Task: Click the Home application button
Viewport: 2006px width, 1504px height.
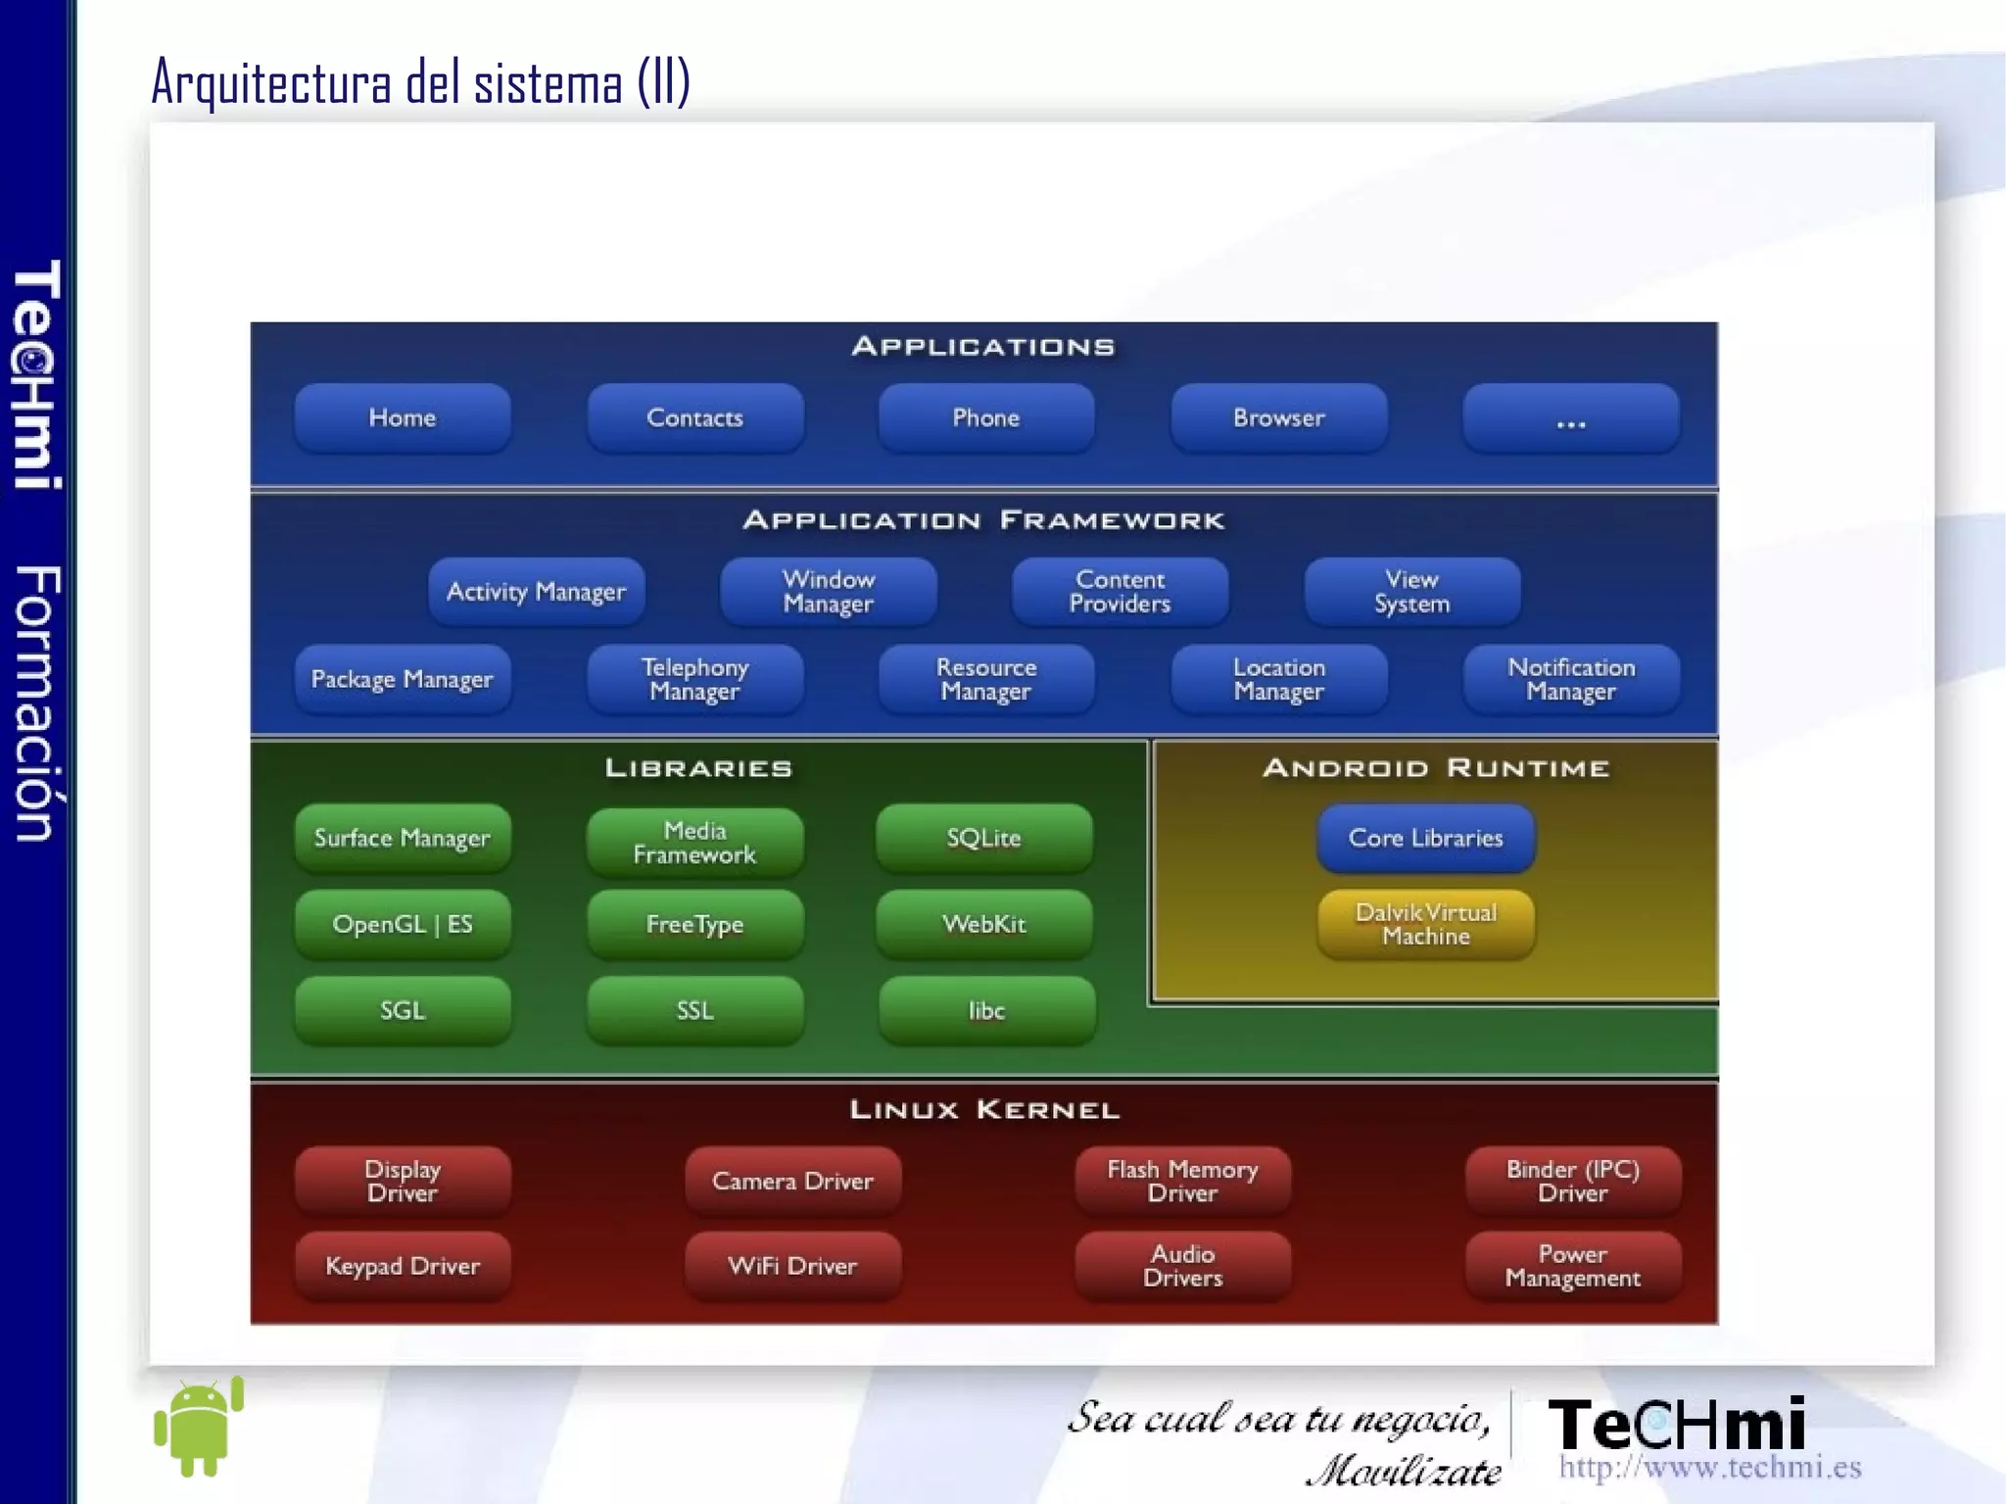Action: tap(402, 418)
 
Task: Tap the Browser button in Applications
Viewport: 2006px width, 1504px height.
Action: tap(1278, 418)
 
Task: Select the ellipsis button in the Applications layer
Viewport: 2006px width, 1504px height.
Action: tap(1570, 418)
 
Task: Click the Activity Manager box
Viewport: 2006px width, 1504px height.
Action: tap(536, 592)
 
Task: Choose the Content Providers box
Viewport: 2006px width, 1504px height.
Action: tap(1120, 592)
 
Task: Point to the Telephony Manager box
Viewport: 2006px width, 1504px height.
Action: tap(694, 679)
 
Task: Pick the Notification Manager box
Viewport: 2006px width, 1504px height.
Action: tap(1570, 679)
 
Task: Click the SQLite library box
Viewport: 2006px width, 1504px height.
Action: tap(983, 839)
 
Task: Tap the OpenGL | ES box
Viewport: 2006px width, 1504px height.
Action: tap(402, 924)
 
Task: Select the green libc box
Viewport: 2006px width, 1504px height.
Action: tap(986, 1010)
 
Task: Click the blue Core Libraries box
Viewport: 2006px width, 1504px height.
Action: tap(1425, 839)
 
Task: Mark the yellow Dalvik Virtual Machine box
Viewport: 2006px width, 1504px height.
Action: tap(1425, 924)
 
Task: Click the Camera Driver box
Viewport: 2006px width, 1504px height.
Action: tap(792, 1181)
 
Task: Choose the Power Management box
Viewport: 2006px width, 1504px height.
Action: tap(1572, 1266)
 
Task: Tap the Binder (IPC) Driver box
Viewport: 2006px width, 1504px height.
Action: tap(1572, 1181)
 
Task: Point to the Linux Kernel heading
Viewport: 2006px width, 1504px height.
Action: tap(983, 1110)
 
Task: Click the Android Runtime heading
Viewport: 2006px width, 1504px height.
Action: tap(1435, 768)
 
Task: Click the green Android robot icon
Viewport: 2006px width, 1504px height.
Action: tap(199, 1428)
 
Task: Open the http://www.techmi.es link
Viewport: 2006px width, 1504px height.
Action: tap(1709, 1468)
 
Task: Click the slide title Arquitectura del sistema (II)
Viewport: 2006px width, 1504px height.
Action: tap(421, 82)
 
